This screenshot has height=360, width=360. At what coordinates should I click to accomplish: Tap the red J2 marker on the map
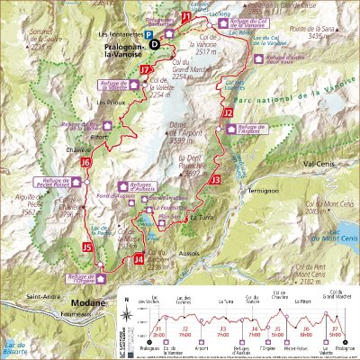coord(229,113)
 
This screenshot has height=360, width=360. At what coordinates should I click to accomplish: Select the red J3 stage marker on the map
coord(214,180)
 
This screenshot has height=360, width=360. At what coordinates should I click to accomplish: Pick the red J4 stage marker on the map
coord(138,259)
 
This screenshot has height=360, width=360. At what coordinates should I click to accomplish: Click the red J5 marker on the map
coord(87,246)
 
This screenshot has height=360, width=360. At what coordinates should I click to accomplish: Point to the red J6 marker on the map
coord(85,163)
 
